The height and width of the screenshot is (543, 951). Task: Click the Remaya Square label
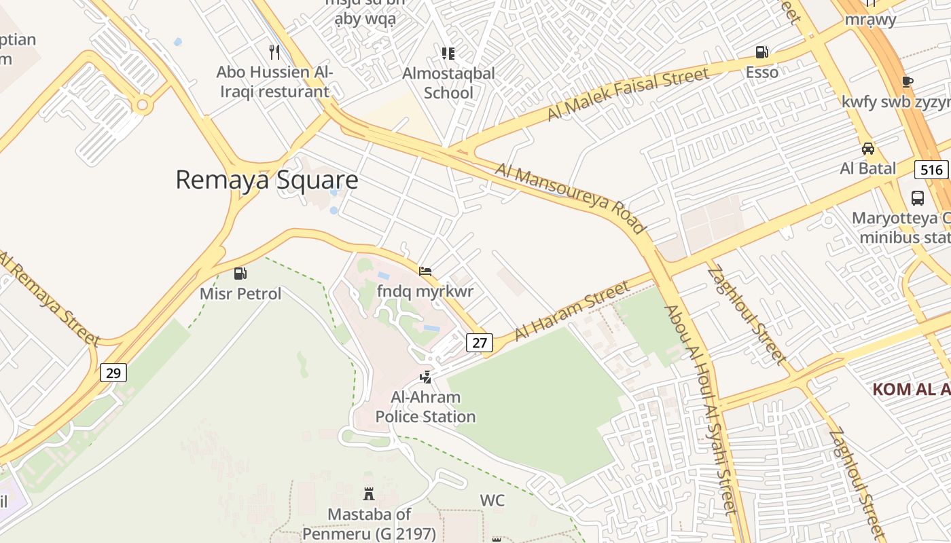(266, 180)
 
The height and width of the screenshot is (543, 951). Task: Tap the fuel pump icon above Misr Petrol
(240, 274)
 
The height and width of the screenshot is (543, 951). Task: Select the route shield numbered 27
(480, 343)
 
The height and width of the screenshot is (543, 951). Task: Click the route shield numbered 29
(114, 373)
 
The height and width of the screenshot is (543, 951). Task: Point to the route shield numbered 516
(931, 170)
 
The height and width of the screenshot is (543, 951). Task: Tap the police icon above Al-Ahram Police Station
(426, 377)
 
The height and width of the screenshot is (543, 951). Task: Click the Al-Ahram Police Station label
(425, 407)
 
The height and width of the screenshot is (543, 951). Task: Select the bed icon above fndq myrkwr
(425, 272)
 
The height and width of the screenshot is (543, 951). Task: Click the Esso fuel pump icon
(762, 52)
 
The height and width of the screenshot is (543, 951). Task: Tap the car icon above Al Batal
(867, 149)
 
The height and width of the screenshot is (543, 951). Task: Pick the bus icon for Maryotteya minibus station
(918, 198)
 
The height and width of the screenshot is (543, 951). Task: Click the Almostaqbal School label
(448, 83)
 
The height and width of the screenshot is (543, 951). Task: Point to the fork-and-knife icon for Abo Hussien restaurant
(274, 52)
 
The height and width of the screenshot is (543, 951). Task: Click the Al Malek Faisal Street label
(628, 94)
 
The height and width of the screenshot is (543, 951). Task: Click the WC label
(492, 501)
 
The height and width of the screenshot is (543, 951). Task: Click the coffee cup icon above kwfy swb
(907, 82)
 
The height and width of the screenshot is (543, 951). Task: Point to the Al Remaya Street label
(49, 297)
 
